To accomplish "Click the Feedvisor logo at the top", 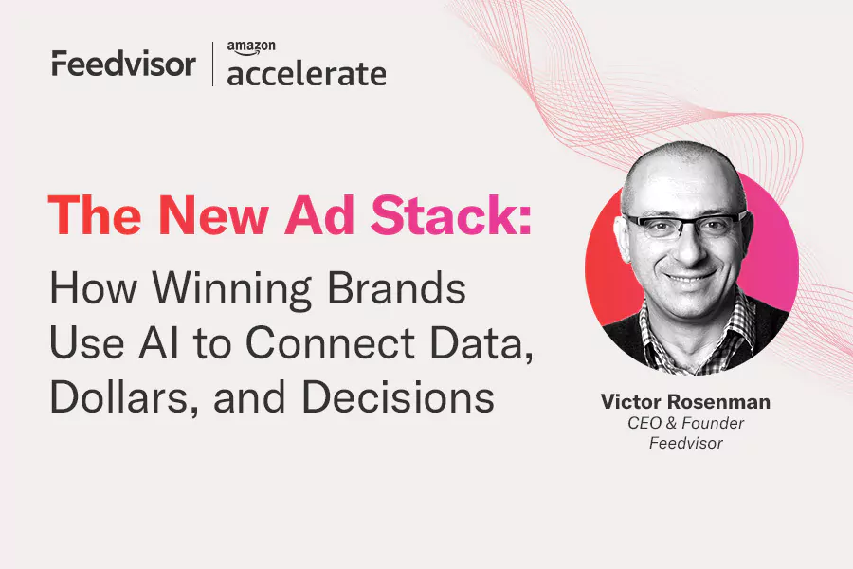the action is click(x=123, y=64).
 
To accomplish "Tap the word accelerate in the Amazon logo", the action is click(x=307, y=74).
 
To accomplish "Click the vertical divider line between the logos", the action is click(x=212, y=64).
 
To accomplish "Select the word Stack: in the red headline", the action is click(x=450, y=215).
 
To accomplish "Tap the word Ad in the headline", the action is click(x=319, y=215).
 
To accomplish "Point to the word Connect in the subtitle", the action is click(x=330, y=343).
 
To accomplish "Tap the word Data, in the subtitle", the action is click(x=481, y=344).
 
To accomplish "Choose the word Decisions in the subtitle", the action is click(x=398, y=397).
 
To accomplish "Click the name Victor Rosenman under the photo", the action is click(x=685, y=402).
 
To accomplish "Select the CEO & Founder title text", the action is click(x=685, y=423).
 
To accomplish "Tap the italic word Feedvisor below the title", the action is click(x=685, y=443).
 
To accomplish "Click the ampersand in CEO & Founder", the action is click(x=671, y=423).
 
